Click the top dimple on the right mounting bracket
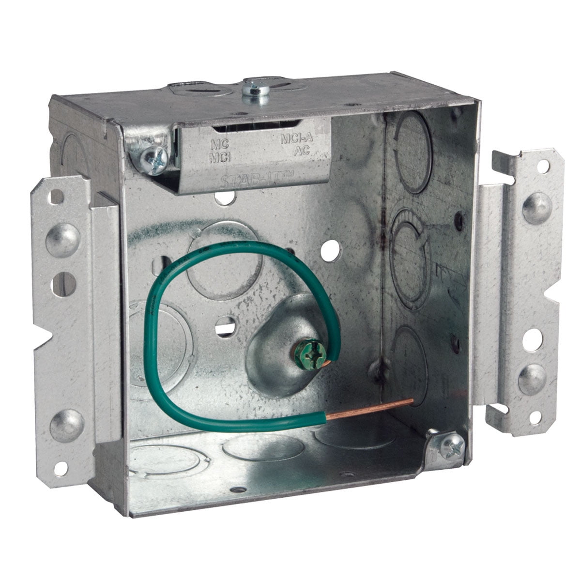[536, 209]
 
